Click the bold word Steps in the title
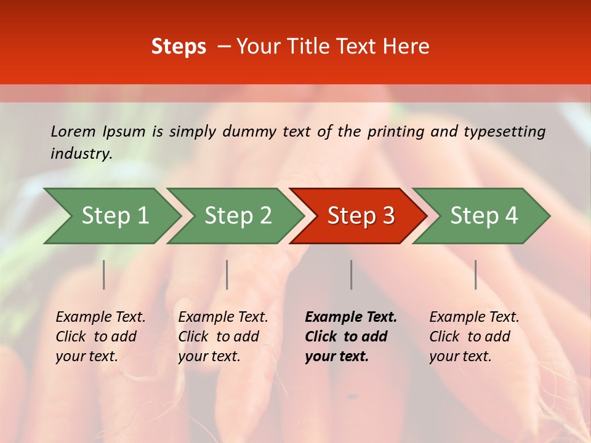coord(179,47)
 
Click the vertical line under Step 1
coord(104,274)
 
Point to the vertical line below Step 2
coord(227,274)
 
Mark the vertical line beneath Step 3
coord(352,274)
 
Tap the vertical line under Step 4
coord(475,274)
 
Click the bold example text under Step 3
coord(350,337)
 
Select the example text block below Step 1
coord(100,337)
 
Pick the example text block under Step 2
coord(222,337)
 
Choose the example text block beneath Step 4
coord(473,337)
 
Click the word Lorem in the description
coord(73,132)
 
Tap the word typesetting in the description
coord(504,132)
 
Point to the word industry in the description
coord(81,154)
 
